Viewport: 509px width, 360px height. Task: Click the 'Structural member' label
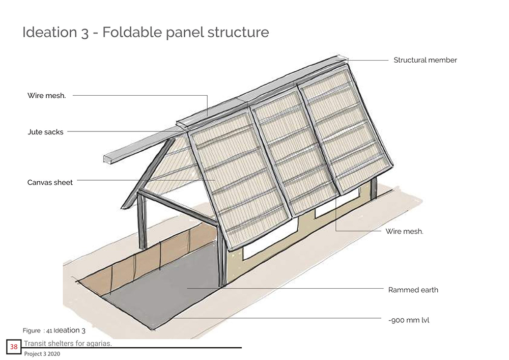click(425, 60)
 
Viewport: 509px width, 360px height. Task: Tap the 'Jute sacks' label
click(45, 132)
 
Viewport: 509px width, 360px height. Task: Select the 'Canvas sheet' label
click(50, 182)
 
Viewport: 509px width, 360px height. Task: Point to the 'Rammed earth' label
click(413, 290)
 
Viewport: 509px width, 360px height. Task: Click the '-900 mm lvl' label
click(409, 320)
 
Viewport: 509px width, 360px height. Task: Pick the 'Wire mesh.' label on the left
click(46, 95)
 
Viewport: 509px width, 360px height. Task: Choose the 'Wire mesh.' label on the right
click(404, 231)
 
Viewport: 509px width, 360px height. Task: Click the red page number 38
click(14, 347)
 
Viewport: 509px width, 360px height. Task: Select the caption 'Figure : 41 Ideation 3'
click(54, 330)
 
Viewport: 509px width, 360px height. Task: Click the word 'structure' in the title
click(238, 33)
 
